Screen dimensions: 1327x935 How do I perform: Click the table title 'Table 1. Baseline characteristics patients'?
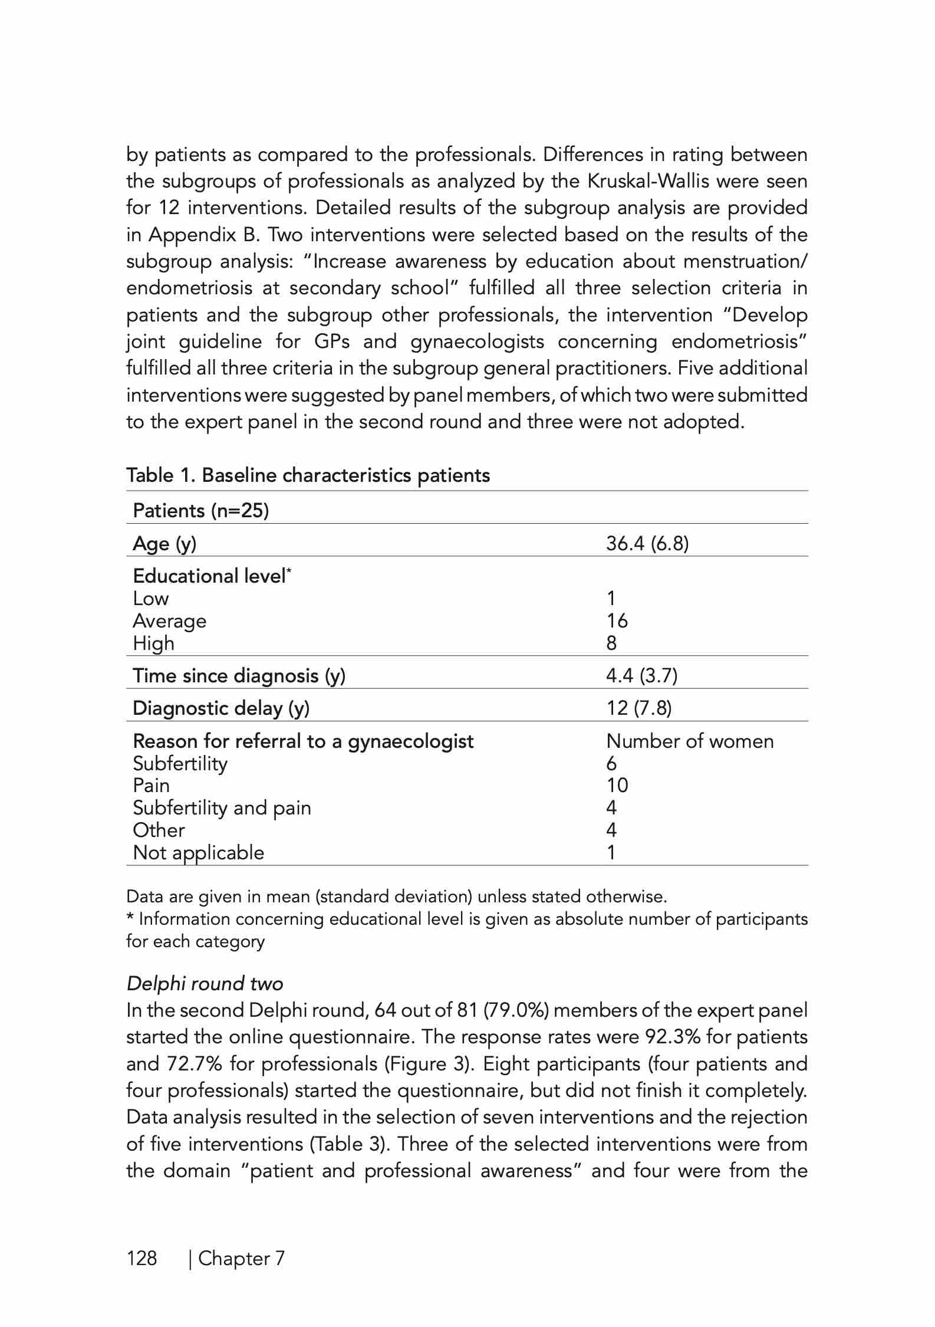pos(308,475)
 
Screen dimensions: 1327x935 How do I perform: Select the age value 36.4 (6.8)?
pos(647,543)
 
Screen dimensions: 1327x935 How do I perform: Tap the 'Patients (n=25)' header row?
pos(200,510)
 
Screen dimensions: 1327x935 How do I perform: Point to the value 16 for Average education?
pos(617,621)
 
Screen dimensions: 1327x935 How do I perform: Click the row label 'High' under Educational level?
pos(153,643)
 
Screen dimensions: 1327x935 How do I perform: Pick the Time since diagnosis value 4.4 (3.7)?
pos(641,675)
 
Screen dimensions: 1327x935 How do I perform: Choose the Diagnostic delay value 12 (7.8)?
pos(638,708)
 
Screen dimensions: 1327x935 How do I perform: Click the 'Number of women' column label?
pos(689,741)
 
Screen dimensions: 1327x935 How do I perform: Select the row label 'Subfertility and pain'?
pos(222,807)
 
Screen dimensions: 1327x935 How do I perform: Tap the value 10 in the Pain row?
pos(617,786)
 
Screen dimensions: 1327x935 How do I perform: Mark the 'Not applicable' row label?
pos(198,852)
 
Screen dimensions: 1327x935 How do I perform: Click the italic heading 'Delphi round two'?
pos(205,984)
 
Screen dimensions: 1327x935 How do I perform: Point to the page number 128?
pos(142,1259)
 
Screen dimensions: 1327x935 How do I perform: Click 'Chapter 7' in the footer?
pos(241,1259)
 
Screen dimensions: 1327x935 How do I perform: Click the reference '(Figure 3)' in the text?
pos(429,1064)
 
